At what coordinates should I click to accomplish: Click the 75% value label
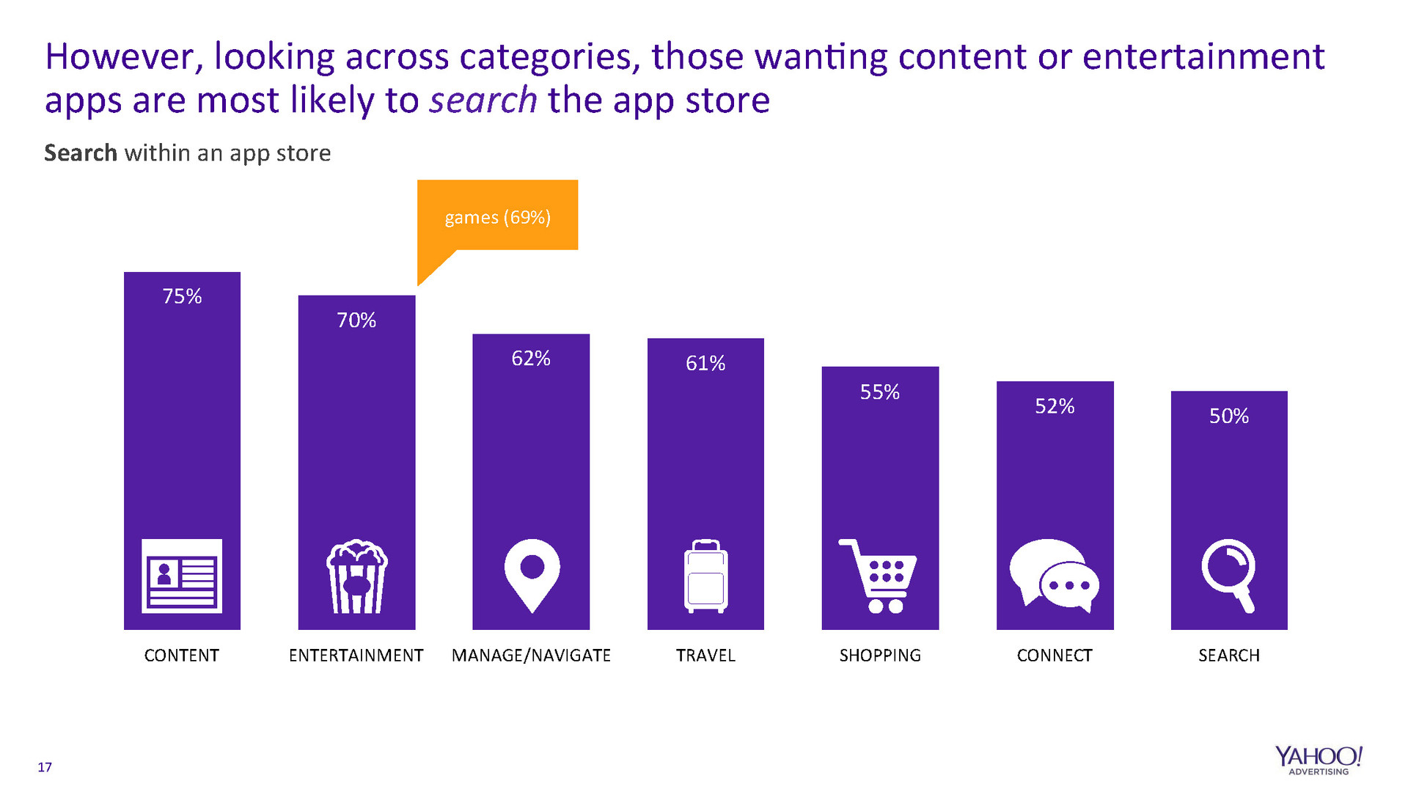(x=182, y=296)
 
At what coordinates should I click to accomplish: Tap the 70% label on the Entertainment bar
(x=356, y=320)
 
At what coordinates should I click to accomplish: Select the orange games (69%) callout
(x=497, y=217)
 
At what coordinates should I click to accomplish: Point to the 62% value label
(x=531, y=359)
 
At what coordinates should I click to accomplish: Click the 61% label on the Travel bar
(x=705, y=364)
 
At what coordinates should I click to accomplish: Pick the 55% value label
(x=880, y=392)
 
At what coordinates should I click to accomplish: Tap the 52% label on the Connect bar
(x=1055, y=406)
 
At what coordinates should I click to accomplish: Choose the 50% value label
(x=1229, y=417)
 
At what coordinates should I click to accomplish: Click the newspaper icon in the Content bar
(x=182, y=576)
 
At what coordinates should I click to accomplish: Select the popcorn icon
(x=356, y=576)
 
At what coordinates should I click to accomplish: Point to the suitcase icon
(x=705, y=576)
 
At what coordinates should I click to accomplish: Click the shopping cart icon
(x=879, y=576)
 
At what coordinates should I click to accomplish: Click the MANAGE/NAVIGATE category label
(x=531, y=656)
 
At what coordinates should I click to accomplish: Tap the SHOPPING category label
(x=880, y=656)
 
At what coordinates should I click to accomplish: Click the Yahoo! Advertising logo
(x=1319, y=760)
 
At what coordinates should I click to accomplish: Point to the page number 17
(x=45, y=768)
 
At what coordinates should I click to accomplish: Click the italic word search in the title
(x=483, y=100)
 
